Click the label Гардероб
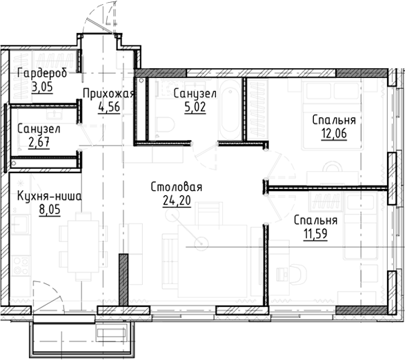pos(42,74)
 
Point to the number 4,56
pos(109,108)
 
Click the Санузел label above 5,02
pos(196,94)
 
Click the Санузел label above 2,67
pos(39,129)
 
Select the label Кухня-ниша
pos(48,197)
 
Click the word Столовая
pos(177,188)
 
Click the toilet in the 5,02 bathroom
pos(164,124)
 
